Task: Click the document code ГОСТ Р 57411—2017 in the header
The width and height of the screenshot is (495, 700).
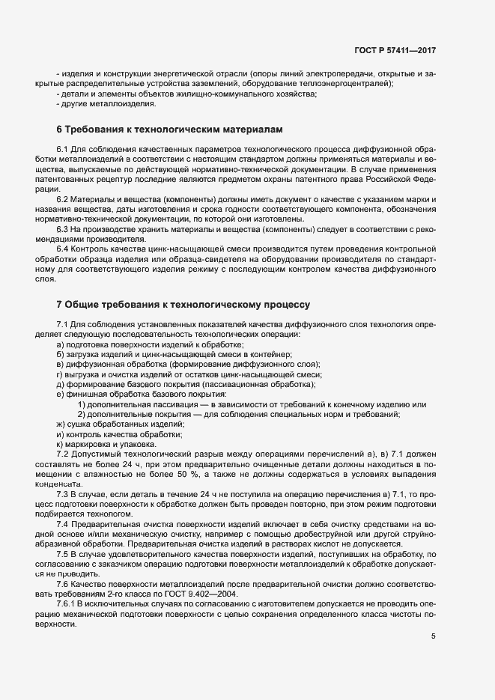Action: pyautogui.click(x=395, y=50)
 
